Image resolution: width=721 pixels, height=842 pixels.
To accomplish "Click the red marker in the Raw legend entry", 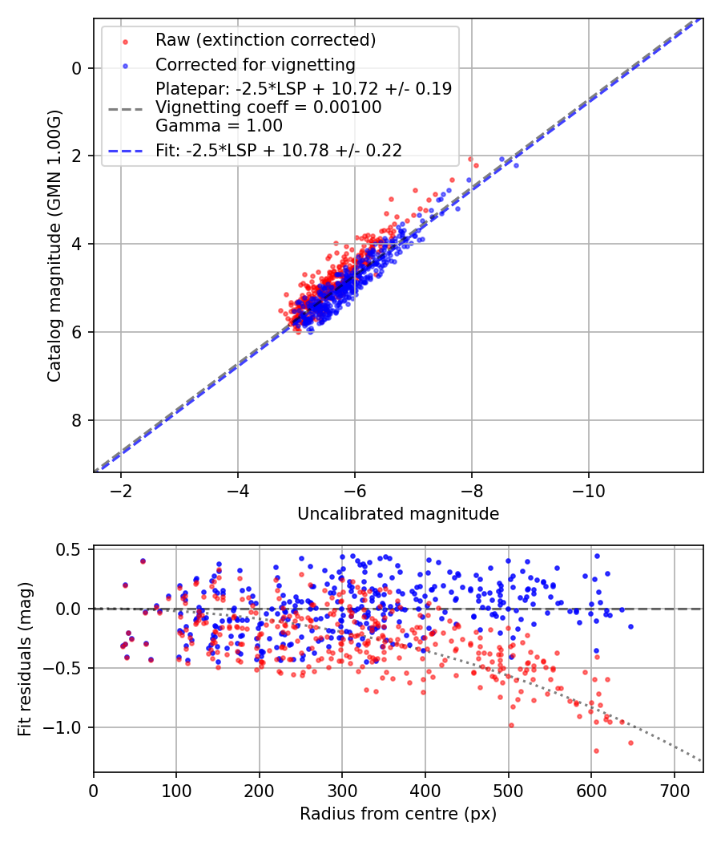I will (125, 40).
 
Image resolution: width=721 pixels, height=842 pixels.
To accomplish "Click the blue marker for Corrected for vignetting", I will (125, 64).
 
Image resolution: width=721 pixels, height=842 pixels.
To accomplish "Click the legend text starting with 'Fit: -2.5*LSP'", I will (279, 150).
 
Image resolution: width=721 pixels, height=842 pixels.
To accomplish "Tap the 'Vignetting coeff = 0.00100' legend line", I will (268, 107).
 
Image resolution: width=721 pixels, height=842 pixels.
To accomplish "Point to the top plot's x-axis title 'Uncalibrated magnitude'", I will (398, 514).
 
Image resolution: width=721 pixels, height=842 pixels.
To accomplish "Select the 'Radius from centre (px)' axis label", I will (398, 814).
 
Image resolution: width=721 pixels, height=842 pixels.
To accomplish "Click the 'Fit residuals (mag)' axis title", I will (25, 659).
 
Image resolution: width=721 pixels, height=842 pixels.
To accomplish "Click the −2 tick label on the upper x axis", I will (121, 490).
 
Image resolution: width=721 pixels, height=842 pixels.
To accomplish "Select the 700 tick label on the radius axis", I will (674, 789).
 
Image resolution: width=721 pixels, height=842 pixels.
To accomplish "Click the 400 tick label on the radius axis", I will (425, 789).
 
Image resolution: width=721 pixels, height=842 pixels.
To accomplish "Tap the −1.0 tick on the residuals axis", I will (67, 727).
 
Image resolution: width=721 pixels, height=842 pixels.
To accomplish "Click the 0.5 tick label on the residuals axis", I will (72, 549).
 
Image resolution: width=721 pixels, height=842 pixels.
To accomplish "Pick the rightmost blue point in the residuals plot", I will (630, 626).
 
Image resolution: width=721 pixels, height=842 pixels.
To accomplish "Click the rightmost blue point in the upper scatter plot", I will (516, 165).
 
